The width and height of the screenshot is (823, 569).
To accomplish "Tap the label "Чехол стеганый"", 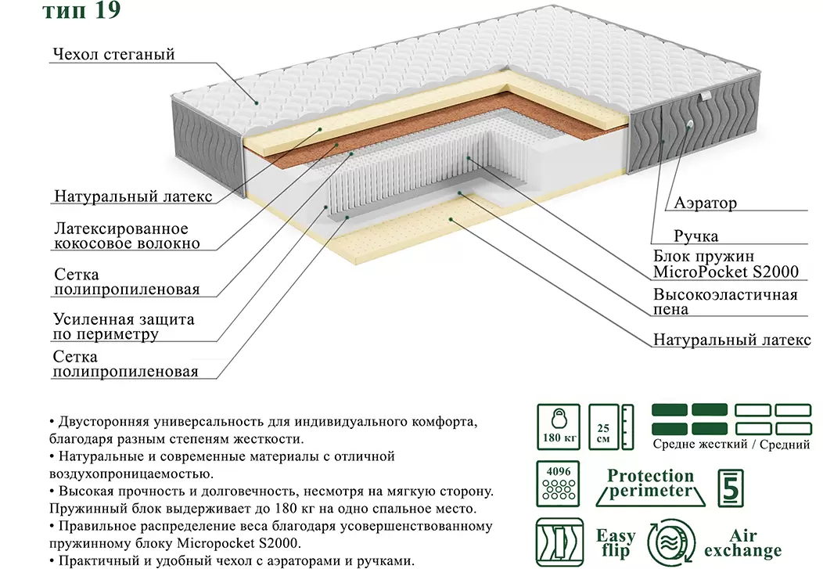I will point(113,55).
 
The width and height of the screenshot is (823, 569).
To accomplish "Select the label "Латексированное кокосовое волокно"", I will point(127,236).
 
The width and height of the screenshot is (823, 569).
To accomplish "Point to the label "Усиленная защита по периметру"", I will point(124,327).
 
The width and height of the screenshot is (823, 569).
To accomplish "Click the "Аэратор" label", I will point(705,203).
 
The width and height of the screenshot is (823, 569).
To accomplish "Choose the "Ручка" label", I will point(695,236).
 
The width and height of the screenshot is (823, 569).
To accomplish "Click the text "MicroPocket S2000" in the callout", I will point(726,272).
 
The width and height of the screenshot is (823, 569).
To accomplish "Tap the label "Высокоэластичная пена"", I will point(725,301).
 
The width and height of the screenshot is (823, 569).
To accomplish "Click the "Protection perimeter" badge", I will point(650,484).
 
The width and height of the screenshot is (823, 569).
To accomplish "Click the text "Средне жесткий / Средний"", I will point(731,445).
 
